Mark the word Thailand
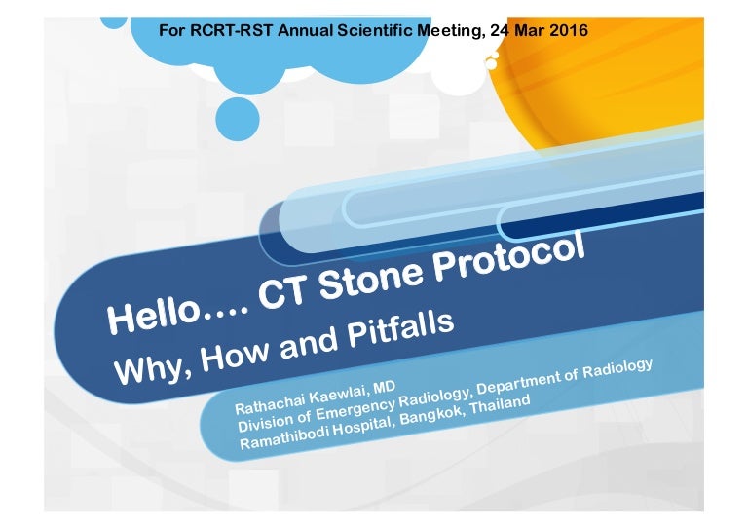coord(497,402)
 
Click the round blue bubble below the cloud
coord(237,119)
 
